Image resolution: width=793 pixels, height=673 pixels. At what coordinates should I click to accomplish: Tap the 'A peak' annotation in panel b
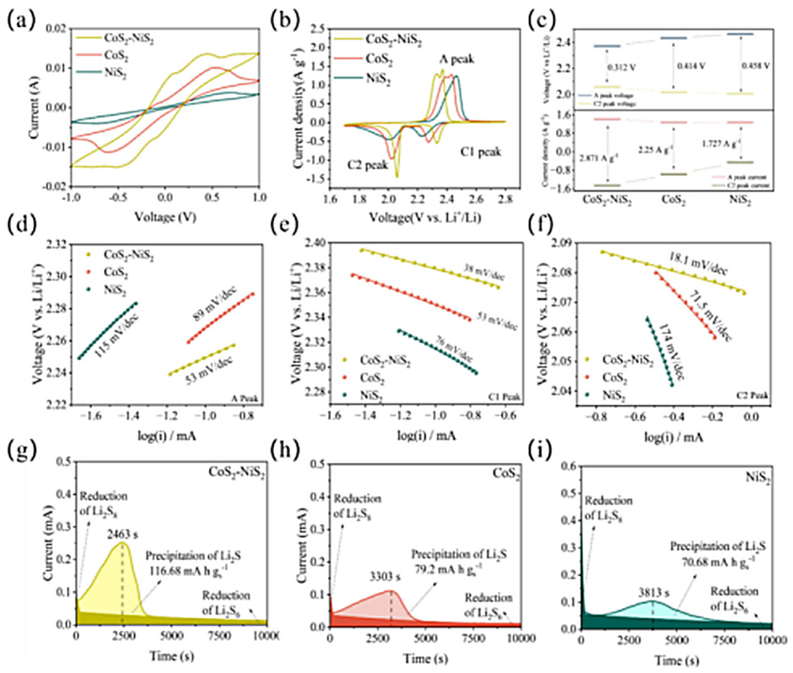point(457,60)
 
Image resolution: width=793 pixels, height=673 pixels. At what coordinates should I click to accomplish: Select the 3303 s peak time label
point(385,576)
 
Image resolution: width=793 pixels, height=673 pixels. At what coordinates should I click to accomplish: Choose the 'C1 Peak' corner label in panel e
point(508,398)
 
